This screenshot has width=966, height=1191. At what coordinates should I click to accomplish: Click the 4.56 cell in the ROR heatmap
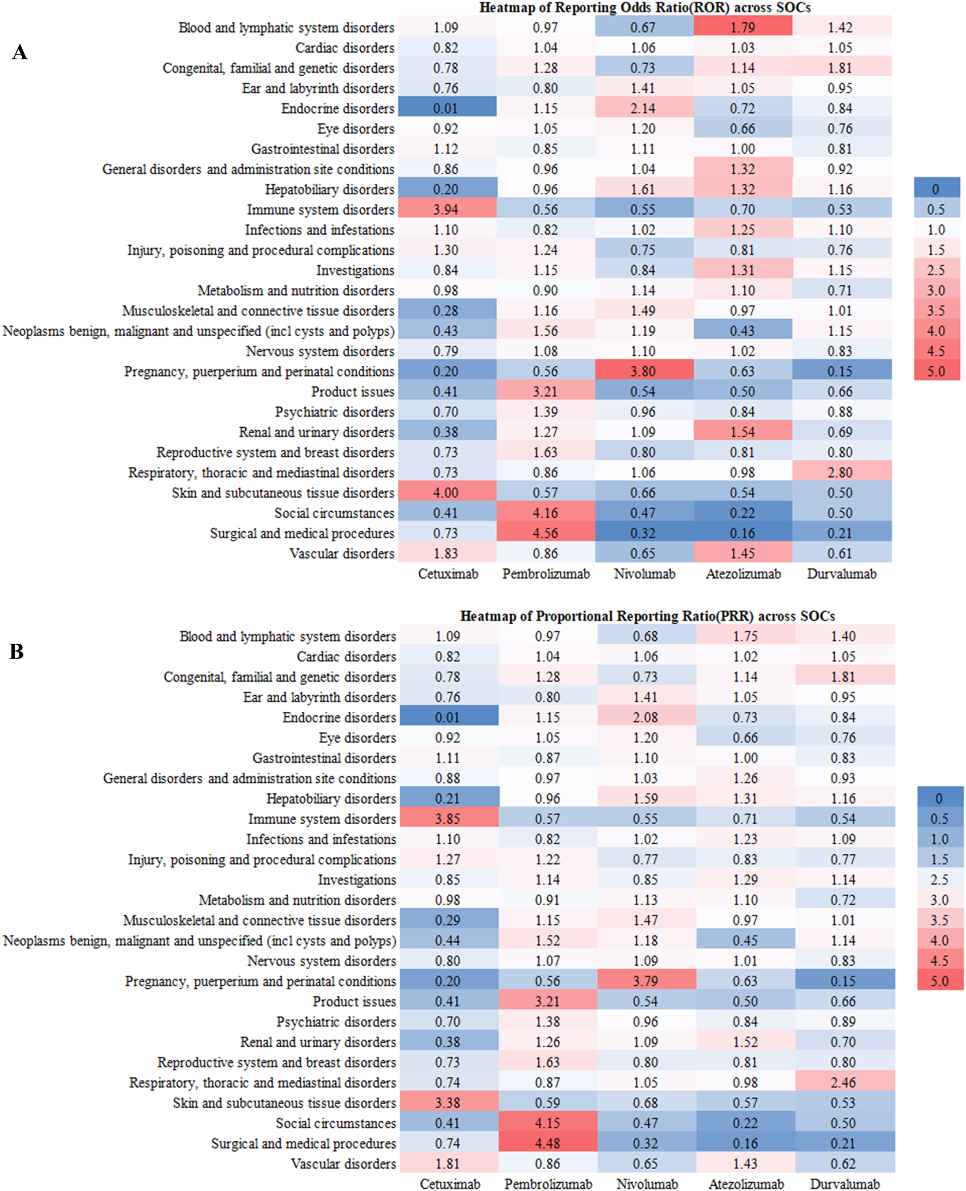tap(545, 533)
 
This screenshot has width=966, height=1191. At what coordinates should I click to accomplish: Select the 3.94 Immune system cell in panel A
tap(446, 209)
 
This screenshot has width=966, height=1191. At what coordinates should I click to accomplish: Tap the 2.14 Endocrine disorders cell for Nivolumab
tap(643, 108)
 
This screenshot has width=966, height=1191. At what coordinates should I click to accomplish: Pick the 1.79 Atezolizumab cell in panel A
tap(742, 27)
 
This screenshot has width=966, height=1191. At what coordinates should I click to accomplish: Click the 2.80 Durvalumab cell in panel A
tap(840, 472)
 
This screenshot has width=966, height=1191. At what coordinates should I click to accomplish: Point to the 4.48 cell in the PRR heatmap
tap(547, 1142)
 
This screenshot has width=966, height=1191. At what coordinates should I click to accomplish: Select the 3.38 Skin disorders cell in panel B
tap(448, 1102)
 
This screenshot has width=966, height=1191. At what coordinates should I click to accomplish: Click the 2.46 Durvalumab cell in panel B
tap(843, 1082)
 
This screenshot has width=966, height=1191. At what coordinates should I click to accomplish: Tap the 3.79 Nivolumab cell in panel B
tap(645, 981)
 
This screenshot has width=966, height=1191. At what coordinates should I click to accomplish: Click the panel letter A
tap(20, 52)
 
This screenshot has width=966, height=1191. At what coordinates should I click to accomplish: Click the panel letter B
tap(17, 651)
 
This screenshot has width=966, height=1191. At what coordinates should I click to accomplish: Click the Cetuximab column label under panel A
tap(448, 573)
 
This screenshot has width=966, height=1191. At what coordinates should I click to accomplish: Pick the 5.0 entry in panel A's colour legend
tap(937, 371)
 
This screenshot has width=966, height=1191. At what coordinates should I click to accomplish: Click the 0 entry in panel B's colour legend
tap(939, 798)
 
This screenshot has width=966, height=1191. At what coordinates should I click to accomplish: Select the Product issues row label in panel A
tap(352, 391)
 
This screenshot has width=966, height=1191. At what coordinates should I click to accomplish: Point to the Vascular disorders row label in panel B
tap(343, 1163)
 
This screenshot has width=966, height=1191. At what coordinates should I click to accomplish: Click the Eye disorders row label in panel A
tap(355, 129)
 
